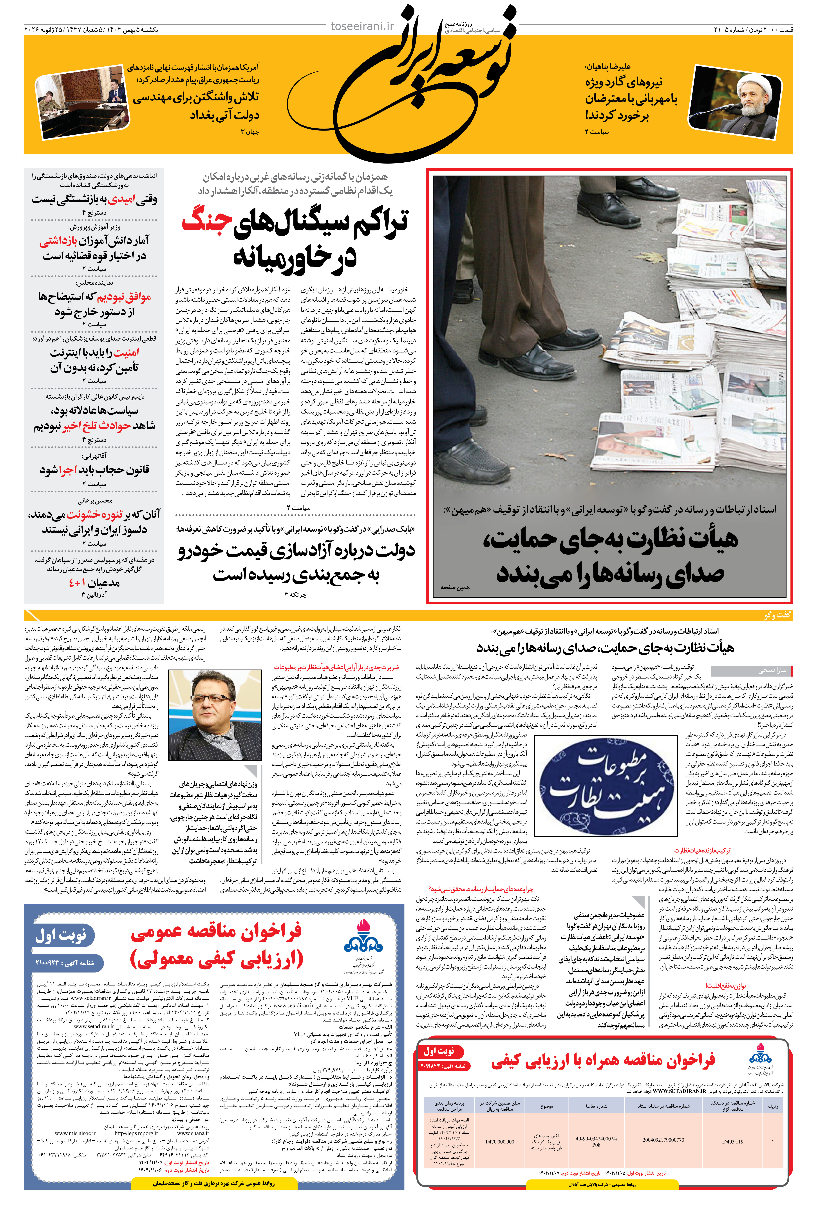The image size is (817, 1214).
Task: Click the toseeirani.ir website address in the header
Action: click(362, 26)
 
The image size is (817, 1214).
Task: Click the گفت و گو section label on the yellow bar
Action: click(777, 615)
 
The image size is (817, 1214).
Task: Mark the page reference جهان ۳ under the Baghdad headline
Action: click(250, 132)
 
